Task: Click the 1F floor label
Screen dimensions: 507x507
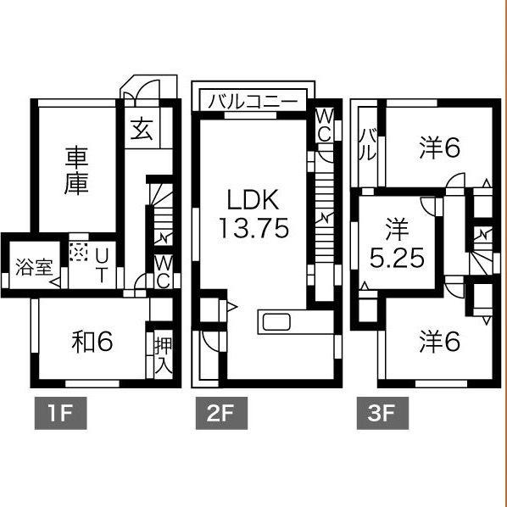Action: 60,413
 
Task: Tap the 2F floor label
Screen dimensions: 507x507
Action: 221,413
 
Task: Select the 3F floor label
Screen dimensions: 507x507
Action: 382,413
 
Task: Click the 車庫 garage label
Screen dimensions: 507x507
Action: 76,170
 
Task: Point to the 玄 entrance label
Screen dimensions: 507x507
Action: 142,128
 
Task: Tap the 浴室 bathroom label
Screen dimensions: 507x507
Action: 34,267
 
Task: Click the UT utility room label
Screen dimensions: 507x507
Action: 101,266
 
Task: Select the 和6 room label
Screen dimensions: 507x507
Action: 92,342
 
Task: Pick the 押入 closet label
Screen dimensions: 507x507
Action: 164,355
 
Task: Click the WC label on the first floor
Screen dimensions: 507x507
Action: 164,272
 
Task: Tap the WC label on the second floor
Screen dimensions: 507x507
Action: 324,125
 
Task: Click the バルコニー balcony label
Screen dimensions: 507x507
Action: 253,102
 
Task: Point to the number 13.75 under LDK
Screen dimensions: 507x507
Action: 254,228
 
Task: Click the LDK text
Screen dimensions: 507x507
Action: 253,200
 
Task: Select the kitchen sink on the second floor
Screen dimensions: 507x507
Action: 276,321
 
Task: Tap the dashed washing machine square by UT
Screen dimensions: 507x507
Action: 79,252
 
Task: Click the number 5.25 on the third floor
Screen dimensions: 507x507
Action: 397,258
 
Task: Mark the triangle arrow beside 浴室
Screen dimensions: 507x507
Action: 55,282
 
